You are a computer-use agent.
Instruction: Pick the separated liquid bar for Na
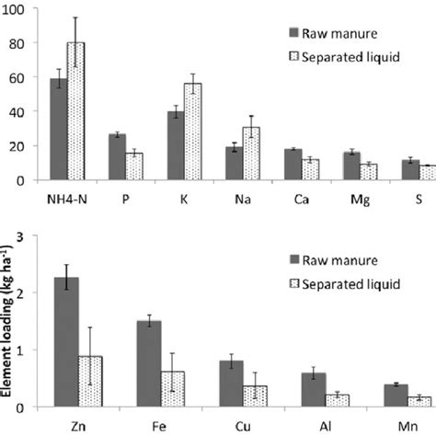tap(252, 154)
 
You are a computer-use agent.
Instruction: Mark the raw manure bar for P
tap(117, 157)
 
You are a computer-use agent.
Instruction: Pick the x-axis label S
tap(408, 199)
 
